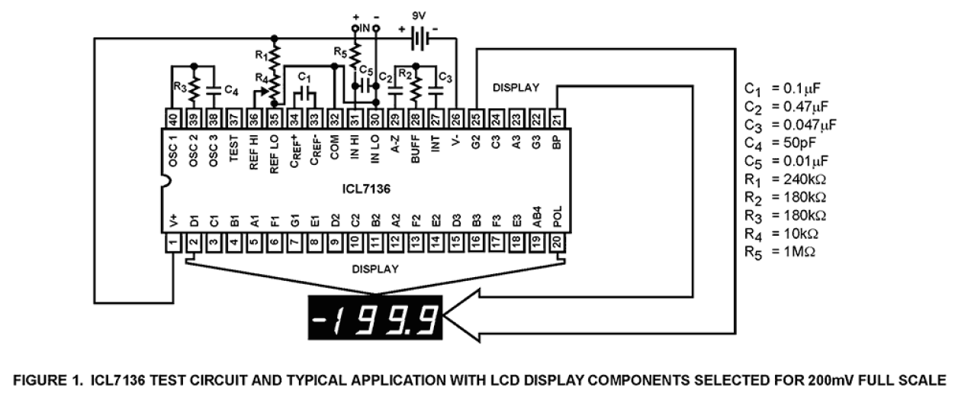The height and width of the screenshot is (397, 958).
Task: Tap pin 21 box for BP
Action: [558, 118]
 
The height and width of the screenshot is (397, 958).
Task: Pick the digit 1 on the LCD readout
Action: [342, 315]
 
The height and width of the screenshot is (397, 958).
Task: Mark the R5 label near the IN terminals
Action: [339, 52]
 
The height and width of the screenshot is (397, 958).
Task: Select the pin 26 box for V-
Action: [456, 118]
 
